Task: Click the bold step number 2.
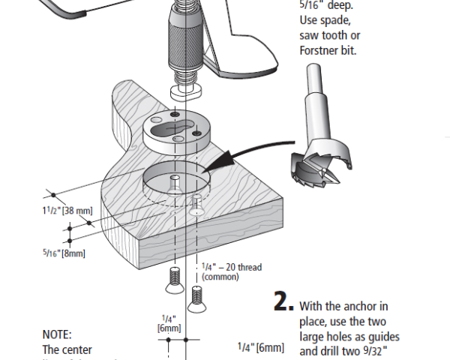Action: click(282, 301)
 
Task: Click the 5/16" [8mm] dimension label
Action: click(64, 253)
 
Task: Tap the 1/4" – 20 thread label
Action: click(232, 266)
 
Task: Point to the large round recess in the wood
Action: click(172, 180)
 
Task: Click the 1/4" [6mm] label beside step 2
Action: click(260, 347)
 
